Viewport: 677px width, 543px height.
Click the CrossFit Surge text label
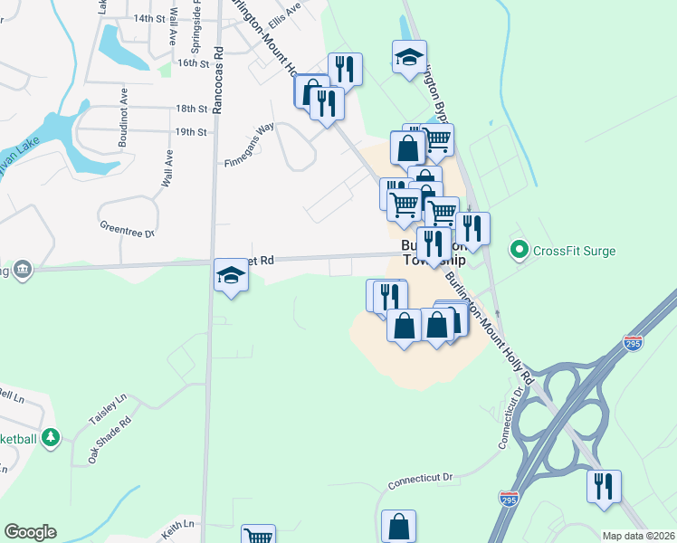coord(574,251)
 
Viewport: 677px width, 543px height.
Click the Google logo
coord(30,532)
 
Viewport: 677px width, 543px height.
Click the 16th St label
coord(193,62)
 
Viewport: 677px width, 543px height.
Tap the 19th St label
coord(191,131)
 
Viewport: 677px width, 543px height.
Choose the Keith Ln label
coord(178,524)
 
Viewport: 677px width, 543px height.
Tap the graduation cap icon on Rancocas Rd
coord(231,275)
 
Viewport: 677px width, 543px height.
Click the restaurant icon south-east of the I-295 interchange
coord(604,486)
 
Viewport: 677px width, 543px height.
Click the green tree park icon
coord(51,439)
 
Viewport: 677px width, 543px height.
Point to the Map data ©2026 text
coord(638,536)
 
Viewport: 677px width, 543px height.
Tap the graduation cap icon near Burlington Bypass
coord(409,56)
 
